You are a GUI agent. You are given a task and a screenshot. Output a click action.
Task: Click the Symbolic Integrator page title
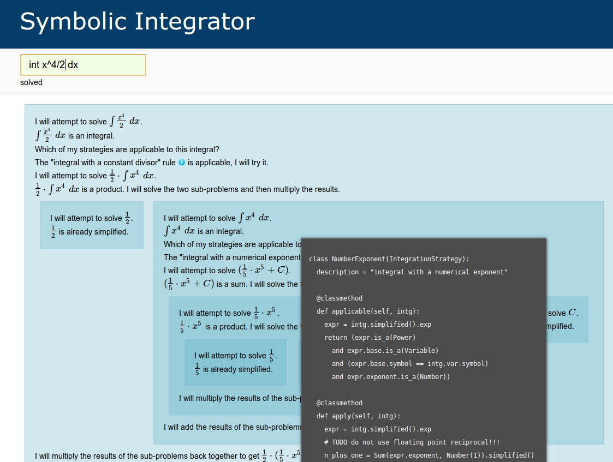coord(137,21)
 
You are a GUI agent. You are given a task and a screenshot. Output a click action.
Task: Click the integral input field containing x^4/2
coord(84,65)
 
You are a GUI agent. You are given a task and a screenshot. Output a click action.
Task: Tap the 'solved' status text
coord(31,82)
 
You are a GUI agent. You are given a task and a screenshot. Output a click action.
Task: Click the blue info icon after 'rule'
coord(182,162)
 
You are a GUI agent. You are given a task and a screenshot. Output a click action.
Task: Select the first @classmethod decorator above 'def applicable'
coord(340,298)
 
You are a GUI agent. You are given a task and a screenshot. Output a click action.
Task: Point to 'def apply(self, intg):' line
coord(358,416)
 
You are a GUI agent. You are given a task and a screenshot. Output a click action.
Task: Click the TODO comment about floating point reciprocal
coord(412,442)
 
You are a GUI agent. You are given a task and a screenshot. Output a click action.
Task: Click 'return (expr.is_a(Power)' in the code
coord(370,338)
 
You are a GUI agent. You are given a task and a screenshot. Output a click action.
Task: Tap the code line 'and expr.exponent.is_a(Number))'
coord(390,377)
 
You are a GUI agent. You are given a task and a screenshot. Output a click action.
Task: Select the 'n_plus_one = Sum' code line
coord(429,455)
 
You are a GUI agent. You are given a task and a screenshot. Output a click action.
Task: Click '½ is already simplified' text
coord(90,232)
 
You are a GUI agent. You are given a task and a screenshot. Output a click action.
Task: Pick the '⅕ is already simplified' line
coord(234,369)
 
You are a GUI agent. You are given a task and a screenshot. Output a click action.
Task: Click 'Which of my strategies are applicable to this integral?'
coord(127,149)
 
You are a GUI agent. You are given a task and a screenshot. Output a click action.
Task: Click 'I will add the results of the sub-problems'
coord(233,427)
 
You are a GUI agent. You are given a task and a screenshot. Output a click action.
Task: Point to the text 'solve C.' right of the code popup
coord(563,313)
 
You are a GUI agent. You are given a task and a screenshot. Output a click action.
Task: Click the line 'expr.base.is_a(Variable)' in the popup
coord(385,351)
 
